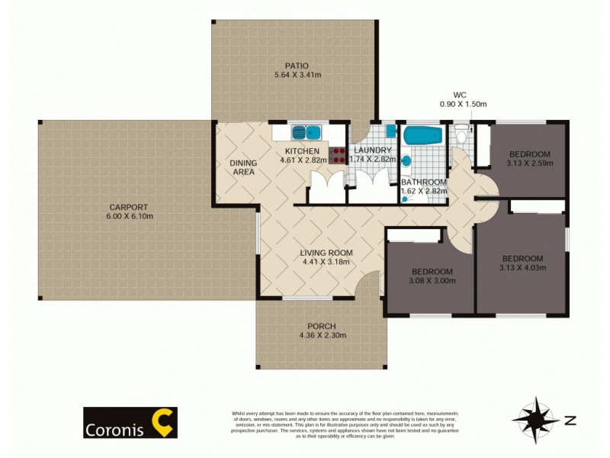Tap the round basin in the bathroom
point(406,161)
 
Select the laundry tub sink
point(390,131)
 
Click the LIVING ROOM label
point(325,253)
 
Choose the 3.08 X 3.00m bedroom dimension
point(433,281)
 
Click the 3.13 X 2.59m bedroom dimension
point(529,163)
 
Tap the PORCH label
point(321,326)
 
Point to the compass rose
point(536,419)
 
